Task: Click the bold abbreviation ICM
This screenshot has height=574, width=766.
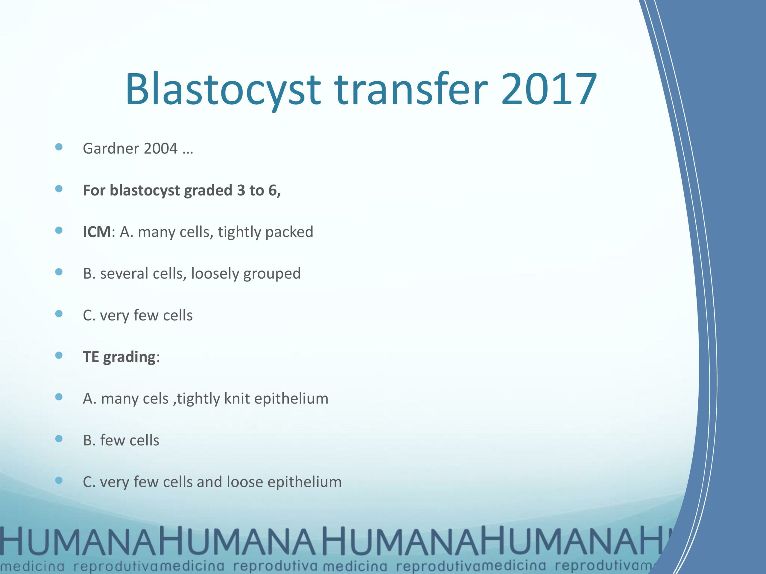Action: (x=97, y=232)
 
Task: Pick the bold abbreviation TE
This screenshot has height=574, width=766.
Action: (x=91, y=357)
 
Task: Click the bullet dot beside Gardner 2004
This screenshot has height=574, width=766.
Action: (x=59, y=147)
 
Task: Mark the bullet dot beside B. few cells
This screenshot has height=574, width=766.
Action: (x=59, y=439)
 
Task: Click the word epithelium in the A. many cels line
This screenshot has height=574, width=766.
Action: (x=291, y=399)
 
